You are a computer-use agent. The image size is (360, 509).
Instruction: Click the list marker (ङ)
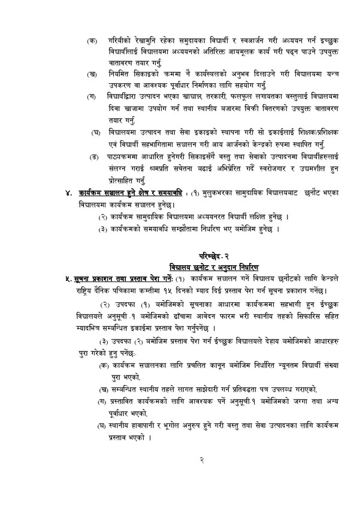pos(93,156)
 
